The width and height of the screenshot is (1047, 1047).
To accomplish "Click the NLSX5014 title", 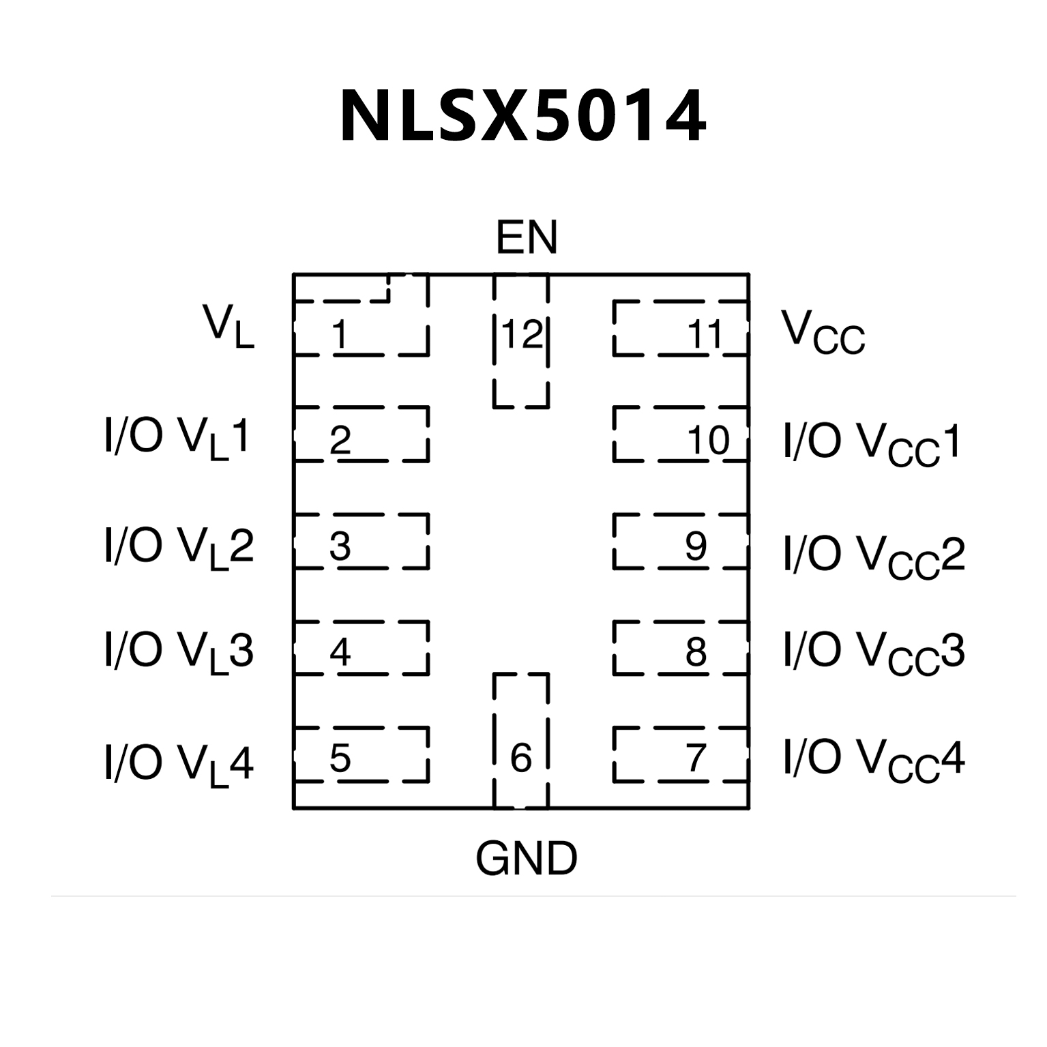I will [523, 116].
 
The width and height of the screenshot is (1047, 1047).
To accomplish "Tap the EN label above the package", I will [526, 237].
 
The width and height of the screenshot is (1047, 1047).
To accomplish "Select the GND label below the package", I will [526, 858].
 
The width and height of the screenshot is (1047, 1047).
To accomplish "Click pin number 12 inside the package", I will [522, 334].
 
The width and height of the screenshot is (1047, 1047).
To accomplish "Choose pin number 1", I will [340, 334].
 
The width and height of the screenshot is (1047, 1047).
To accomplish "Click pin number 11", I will [705, 334].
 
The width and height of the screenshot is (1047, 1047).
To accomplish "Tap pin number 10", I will [708, 440].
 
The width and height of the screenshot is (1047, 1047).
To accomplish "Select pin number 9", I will [696, 546].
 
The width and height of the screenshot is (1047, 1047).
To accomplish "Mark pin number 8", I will [696, 652].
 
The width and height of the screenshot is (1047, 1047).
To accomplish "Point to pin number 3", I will [340, 546].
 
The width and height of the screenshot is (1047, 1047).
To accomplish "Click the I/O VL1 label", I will [177, 438].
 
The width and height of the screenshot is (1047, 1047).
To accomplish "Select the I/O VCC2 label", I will [874, 555].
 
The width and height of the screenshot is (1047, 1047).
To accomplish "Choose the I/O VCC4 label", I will [874, 758].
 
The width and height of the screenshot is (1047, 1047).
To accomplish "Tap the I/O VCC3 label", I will [874, 652].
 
